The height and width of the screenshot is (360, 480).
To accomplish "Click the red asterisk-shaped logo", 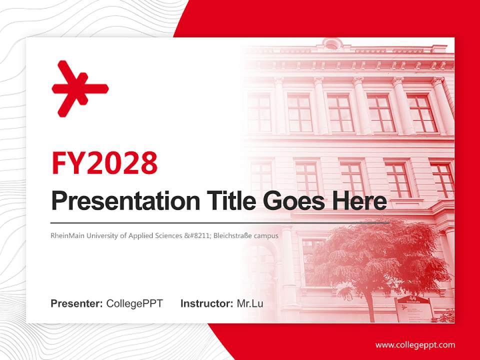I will (79, 88).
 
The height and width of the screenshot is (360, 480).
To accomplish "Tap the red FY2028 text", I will (104, 163).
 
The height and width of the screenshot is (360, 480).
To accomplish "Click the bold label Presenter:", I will (77, 303).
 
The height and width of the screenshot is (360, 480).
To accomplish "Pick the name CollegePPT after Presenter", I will (134, 303).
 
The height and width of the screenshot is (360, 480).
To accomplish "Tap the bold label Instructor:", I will (206, 303).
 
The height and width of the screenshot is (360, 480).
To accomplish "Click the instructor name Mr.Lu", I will (249, 303).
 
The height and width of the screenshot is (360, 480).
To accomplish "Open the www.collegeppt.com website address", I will (415, 344).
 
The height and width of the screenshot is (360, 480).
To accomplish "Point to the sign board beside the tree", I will (414, 307).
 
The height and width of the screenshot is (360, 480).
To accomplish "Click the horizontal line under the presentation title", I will (220, 222).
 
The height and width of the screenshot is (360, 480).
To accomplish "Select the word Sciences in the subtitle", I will (166, 235).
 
